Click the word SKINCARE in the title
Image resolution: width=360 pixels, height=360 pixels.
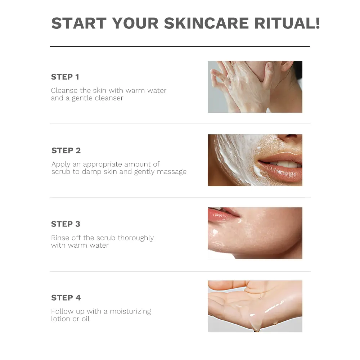click(x=206, y=23)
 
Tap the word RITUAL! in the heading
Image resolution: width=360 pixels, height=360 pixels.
click(x=287, y=23)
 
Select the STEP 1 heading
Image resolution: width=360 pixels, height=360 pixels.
click(x=65, y=77)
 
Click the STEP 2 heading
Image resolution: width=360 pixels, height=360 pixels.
click(x=66, y=150)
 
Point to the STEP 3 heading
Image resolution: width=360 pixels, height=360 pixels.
click(x=66, y=224)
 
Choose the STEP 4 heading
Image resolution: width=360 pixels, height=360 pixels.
click(x=66, y=298)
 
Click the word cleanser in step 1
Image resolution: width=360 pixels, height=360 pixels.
click(x=109, y=98)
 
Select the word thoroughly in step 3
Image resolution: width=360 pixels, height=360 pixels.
click(x=136, y=238)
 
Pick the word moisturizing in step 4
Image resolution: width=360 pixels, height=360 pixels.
click(x=130, y=311)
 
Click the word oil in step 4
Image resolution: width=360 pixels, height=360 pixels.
click(x=86, y=319)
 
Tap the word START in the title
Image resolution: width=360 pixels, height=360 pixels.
click(x=79, y=23)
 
